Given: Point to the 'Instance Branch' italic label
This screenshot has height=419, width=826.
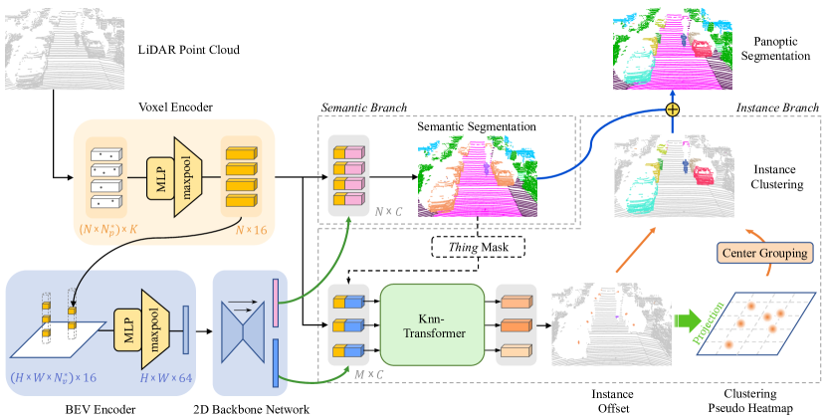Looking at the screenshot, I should pos(777,106).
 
